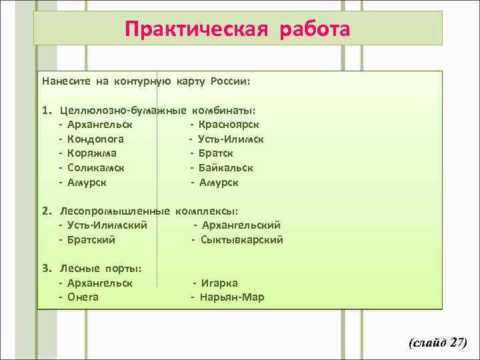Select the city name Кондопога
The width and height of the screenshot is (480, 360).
coord(95,139)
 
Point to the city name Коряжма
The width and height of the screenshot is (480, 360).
coord(92,153)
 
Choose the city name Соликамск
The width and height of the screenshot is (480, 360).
coord(96,168)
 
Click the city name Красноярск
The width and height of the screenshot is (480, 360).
coord(229,125)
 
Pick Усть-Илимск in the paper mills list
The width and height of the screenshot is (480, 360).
coord(231,139)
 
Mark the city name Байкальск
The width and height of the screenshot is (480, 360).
coord(226,168)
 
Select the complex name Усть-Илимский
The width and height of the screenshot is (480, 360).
coord(107,225)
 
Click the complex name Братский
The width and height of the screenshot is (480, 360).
coord(91,239)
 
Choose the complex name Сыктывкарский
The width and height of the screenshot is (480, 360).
coord(242,239)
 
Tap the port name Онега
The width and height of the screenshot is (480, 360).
coord(83,297)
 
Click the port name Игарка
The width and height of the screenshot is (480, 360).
coord(219,283)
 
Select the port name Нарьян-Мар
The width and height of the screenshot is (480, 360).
coord(232,297)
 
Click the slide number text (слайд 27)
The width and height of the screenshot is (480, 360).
coord(438,343)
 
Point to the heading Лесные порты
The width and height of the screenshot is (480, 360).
coord(100,269)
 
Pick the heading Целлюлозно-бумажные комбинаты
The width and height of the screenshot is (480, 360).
coord(159,110)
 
